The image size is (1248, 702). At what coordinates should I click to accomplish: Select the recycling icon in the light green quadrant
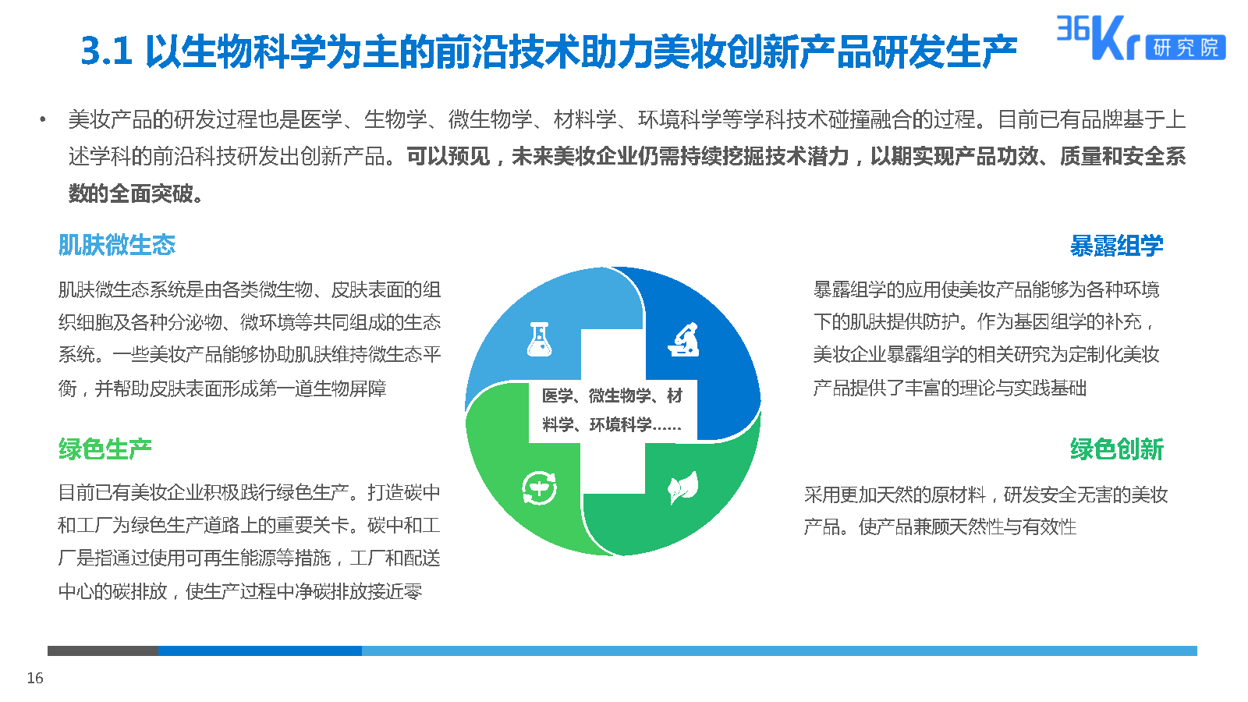pos(539,488)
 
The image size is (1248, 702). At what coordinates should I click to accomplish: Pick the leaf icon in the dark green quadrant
pos(683,487)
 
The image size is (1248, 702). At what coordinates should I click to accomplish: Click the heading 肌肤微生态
pos(117,245)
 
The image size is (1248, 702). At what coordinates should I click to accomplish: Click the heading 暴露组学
pos(1116,246)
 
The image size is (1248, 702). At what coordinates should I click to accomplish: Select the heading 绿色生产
pos(105,449)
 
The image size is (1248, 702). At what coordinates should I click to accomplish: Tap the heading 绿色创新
pos(1116,449)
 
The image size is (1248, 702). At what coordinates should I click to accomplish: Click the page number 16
pos(35,678)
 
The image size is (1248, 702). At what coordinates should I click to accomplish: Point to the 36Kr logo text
pos(1097,37)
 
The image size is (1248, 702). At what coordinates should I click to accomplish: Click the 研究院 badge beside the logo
pos(1186,48)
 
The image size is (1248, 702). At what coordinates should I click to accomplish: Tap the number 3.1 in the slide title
pos(106,51)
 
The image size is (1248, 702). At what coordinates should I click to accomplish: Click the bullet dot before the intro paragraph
pos(43,119)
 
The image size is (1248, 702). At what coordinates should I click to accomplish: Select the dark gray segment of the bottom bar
pos(103,651)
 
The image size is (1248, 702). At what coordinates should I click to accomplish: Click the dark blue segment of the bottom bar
pos(261,651)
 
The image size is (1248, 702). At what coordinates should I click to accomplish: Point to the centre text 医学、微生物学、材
pos(612,395)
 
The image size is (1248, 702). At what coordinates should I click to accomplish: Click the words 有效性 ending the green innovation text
pos(1049,526)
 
